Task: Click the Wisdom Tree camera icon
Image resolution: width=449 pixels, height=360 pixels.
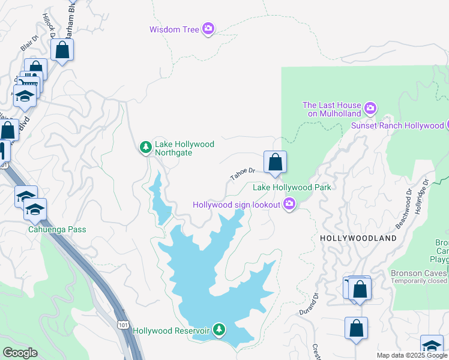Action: [208, 28]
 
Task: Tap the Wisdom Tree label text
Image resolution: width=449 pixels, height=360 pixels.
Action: [175, 29]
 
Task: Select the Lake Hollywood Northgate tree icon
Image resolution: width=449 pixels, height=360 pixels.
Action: [145, 147]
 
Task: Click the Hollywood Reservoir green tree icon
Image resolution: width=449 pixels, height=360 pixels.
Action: [220, 329]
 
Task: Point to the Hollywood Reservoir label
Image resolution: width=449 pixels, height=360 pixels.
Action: [170, 331]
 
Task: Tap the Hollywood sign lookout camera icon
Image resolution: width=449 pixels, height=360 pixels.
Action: [289, 205]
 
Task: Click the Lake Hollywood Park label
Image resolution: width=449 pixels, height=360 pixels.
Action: [292, 187]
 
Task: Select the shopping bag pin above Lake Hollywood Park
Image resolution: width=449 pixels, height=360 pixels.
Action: [275, 162]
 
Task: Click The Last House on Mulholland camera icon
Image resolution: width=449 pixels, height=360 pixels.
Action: [370, 108]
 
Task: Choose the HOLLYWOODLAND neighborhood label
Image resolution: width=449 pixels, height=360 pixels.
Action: [358, 238]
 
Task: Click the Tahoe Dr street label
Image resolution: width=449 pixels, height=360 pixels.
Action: [243, 174]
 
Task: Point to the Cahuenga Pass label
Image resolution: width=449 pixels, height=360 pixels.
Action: [57, 229]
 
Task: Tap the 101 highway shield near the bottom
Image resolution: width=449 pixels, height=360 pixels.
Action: [123, 325]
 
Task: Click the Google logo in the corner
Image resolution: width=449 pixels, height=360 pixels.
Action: [20, 353]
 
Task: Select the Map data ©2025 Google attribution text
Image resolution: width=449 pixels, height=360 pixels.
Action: [411, 355]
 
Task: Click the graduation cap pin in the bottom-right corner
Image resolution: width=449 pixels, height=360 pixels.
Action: [432, 346]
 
